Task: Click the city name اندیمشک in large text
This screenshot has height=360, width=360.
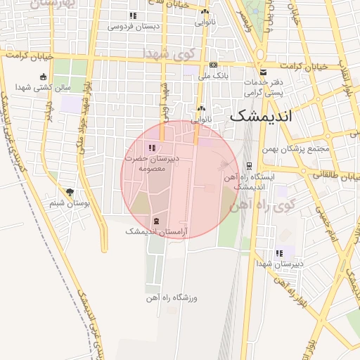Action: (259, 117)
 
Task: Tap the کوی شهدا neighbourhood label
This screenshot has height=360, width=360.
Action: (167, 53)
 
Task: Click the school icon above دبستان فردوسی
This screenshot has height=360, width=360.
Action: (133, 15)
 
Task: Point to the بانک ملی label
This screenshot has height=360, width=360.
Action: (211, 75)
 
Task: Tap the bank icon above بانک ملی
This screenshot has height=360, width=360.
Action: (213, 65)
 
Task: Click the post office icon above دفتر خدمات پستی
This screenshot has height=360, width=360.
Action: (263, 72)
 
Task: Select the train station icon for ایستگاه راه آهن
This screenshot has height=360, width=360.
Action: (249, 166)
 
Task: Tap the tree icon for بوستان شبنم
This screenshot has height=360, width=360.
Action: (70, 192)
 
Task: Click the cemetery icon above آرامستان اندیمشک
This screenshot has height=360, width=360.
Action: (155, 221)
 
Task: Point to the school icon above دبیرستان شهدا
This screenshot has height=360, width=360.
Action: (279, 253)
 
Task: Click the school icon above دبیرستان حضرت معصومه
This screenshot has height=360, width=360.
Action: (153, 148)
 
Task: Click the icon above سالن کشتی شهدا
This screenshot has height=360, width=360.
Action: (44, 77)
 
